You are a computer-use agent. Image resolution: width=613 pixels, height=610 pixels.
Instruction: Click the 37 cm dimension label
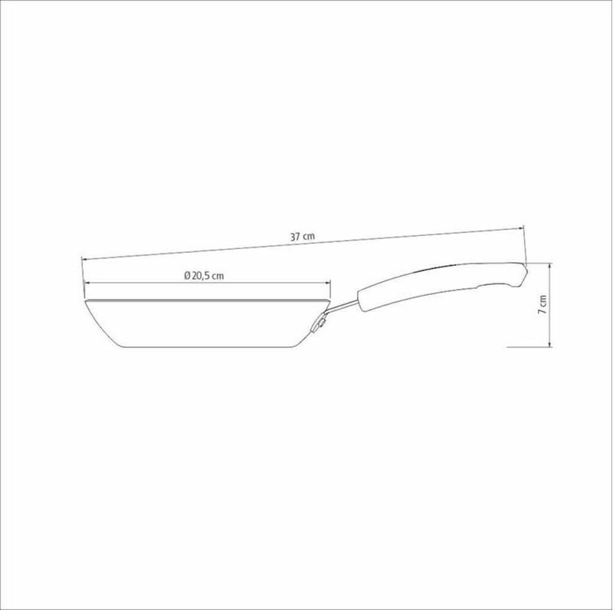tap(302, 236)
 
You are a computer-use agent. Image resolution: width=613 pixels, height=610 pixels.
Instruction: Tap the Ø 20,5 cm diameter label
tap(204, 276)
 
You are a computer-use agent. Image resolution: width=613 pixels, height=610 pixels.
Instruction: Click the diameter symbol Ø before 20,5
tap(187, 276)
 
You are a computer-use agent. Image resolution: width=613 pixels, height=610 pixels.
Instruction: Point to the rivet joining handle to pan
tap(321, 323)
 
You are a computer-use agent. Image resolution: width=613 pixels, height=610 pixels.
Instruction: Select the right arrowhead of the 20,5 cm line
tap(328, 282)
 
